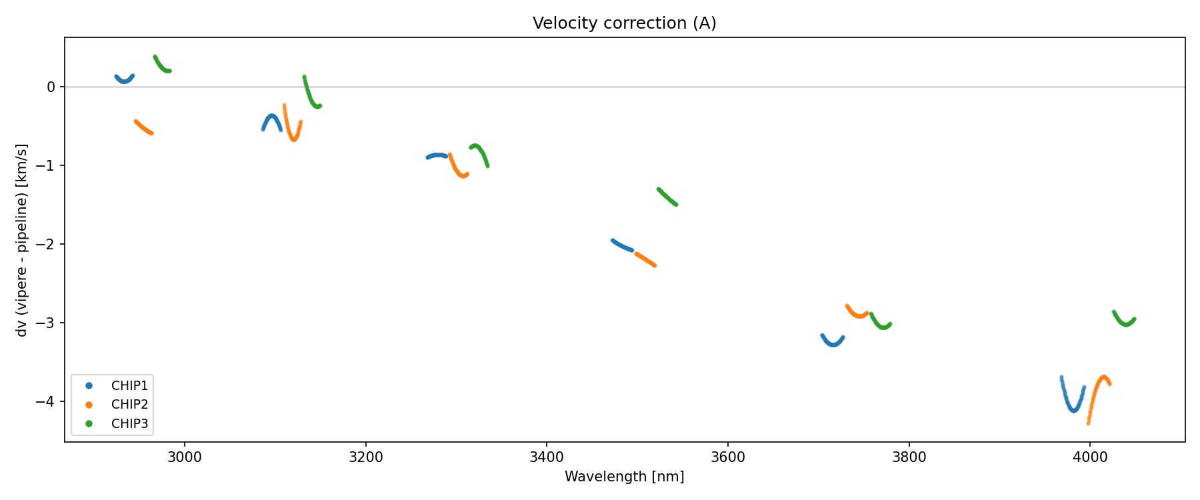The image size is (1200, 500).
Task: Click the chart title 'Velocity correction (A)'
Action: point(624,23)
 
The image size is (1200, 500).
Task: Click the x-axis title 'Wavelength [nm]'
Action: point(624,477)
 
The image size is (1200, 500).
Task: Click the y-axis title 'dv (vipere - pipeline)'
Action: point(22,240)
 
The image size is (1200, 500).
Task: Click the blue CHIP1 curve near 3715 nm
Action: point(833,345)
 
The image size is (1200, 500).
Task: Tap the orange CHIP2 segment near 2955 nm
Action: point(143,127)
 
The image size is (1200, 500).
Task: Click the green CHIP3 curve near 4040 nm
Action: point(1126,325)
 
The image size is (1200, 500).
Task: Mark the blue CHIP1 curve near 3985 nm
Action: point(1075,410)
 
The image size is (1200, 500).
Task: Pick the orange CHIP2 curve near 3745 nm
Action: point(859,315)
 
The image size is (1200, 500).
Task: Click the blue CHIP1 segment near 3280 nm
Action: point(438,155)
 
